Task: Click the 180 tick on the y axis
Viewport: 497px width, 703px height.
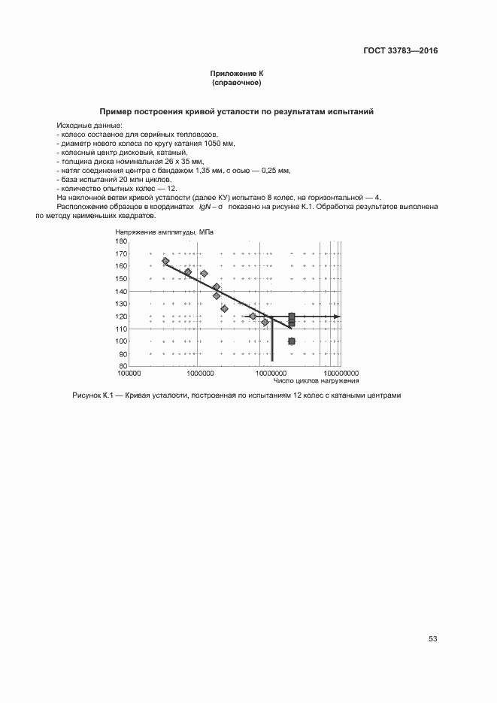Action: [x=121, y=241]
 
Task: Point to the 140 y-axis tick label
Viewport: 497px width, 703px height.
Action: [x=121, y=291]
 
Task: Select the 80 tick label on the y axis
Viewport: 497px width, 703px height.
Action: [x=123, y=365]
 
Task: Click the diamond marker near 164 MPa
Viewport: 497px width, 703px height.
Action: [x=165, y=262]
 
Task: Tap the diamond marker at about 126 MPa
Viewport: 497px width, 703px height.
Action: [x=224, y=308]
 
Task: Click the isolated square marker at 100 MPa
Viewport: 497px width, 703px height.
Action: [x=292, y=341]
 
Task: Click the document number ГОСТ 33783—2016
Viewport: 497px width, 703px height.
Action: [x=400, y=51]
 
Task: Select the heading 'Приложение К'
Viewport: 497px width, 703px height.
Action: [x=237, y=74]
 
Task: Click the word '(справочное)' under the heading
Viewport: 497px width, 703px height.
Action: [x=237, y=82]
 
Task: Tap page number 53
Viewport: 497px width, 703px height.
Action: [x=432, y=638]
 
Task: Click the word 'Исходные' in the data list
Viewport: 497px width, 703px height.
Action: [x=72, y=125]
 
